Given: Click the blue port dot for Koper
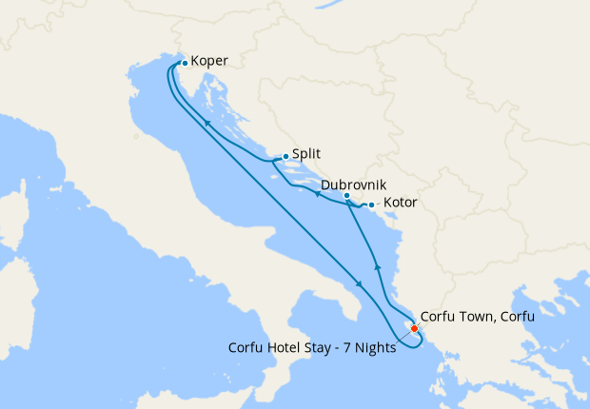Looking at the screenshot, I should (x=185, y=63).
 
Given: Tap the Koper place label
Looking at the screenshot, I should (x=209, y=62).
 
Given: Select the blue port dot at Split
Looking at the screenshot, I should (x=285, y=156).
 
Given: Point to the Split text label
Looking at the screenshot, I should (x=305, y=152).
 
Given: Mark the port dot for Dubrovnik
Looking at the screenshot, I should (x=346, y=196).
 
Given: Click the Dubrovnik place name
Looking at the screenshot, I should (x=354, y=184).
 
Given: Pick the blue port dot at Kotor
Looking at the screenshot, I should (x=371, y=205).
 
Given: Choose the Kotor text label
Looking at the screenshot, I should (x=400, y=204).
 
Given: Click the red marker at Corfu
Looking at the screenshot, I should (x=415, y=329).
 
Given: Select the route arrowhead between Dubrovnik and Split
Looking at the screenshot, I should (x=315, y=193).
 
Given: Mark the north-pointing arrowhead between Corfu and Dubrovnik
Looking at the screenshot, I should (x=378, y=267).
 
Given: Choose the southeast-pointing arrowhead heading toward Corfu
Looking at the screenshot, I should (x=359, y=283).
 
